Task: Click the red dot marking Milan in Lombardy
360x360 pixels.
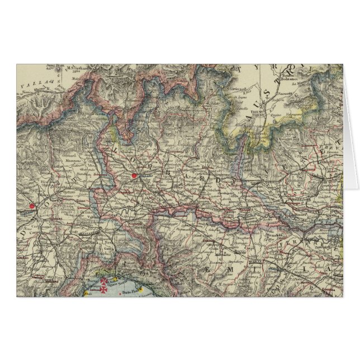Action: pos(134,176)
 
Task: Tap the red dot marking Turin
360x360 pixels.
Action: pos(32,206)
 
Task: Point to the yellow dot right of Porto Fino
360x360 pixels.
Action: pos(142,289)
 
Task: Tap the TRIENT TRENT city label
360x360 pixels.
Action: pos(274,110)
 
